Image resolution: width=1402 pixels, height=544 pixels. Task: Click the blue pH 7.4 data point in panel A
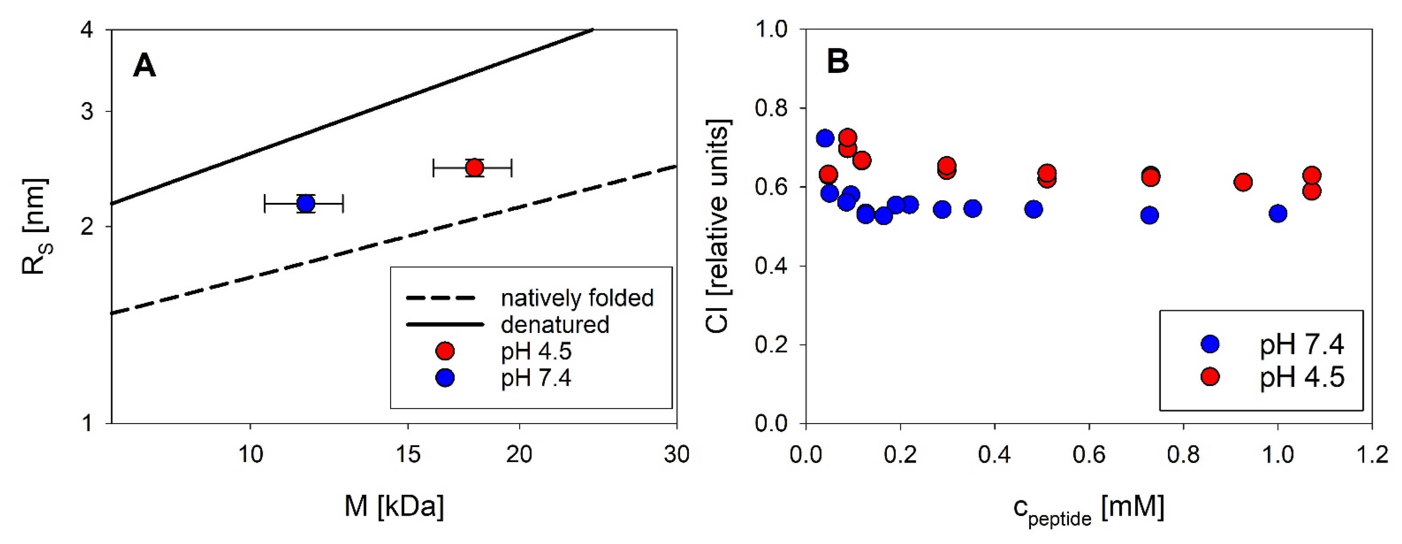(306, 204)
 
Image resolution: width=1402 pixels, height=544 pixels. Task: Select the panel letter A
(144, 67)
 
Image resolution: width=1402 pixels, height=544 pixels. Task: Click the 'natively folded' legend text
(577, 298)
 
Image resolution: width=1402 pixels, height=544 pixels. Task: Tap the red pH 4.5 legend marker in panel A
(445, 351)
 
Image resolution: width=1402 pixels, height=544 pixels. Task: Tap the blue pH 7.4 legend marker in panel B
(1210, 344)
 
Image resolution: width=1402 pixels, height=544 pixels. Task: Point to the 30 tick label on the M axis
(677, 454)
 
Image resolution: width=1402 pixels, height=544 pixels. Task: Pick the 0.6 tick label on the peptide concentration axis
(1088, 454)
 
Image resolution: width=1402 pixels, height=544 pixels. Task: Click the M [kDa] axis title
(394, 506)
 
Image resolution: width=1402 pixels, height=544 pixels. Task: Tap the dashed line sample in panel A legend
(441, 298)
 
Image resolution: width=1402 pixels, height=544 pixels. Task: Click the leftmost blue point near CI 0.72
(825, 138)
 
